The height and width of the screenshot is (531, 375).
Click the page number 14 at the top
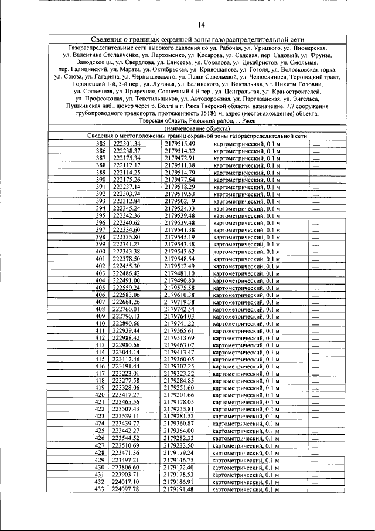pos(202,24)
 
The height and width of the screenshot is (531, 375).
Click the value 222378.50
pos(127,259)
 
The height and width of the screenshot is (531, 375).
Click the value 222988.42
pos(127,338)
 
